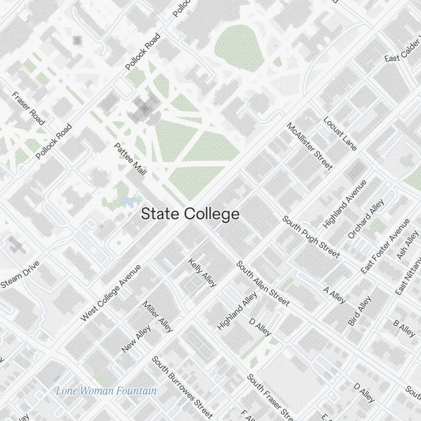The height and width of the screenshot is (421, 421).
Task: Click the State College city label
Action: pos(190,214)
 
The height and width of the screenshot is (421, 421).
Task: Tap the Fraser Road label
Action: pos(28,108)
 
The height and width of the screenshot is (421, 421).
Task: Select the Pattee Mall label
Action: pos(131,159)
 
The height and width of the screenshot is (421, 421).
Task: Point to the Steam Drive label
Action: pos(20,274)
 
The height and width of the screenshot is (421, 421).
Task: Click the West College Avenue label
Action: pos(111,293)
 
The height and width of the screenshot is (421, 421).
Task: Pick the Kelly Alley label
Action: pos(202,272)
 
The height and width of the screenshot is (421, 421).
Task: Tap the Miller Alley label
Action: pos(158,316)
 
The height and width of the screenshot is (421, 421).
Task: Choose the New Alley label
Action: pos(136,338)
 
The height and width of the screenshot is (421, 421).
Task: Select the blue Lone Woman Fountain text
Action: pos(106,391)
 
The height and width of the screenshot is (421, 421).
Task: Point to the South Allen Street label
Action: pos(263,283)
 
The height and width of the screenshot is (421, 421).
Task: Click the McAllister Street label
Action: pos(309,146)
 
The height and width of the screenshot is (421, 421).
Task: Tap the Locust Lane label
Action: pos(340,133)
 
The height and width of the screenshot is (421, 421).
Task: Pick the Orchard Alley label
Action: pos(366,219)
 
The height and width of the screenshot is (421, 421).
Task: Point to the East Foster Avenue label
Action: pos(385,246)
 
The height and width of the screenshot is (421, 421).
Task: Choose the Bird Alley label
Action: pos(360,311)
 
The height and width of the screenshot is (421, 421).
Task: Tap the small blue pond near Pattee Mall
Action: pos(128,200)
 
